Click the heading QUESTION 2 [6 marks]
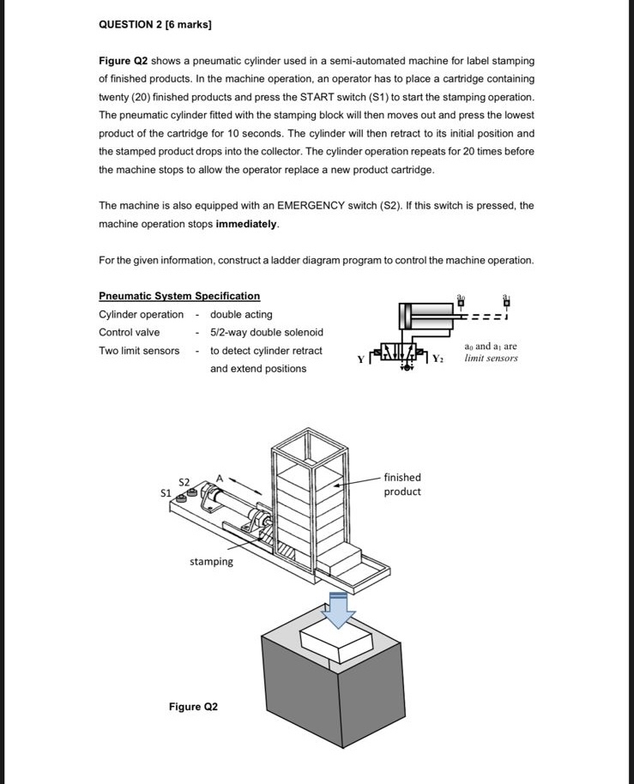pyautogui.click(x=154, y=24)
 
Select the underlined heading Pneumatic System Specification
pyautogui.click(x=179, y=296)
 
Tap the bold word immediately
pyautogui.click(x=247, y=224)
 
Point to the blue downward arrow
pyautogui.click(x=340, y=609)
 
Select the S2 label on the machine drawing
pyautogui.click(x=184, y=481)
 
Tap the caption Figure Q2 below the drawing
pyautogui.click(x=193, y=707)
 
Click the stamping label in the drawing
pyautogui.click(x=211, y=562)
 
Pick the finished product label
pyautogui.click(x=402, y=485)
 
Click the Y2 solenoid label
pyautogui.click(x=438, y=358)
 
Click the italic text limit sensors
pyautogui.click(x=492, y=358)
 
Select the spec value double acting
pyautogui.click(x=241, y=315)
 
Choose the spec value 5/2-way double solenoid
pyautogui.click(x=267, y=333)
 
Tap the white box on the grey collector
pyautogui.click(x=336, y=639)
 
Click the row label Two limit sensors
pyautogui.click(x=139, y=351)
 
